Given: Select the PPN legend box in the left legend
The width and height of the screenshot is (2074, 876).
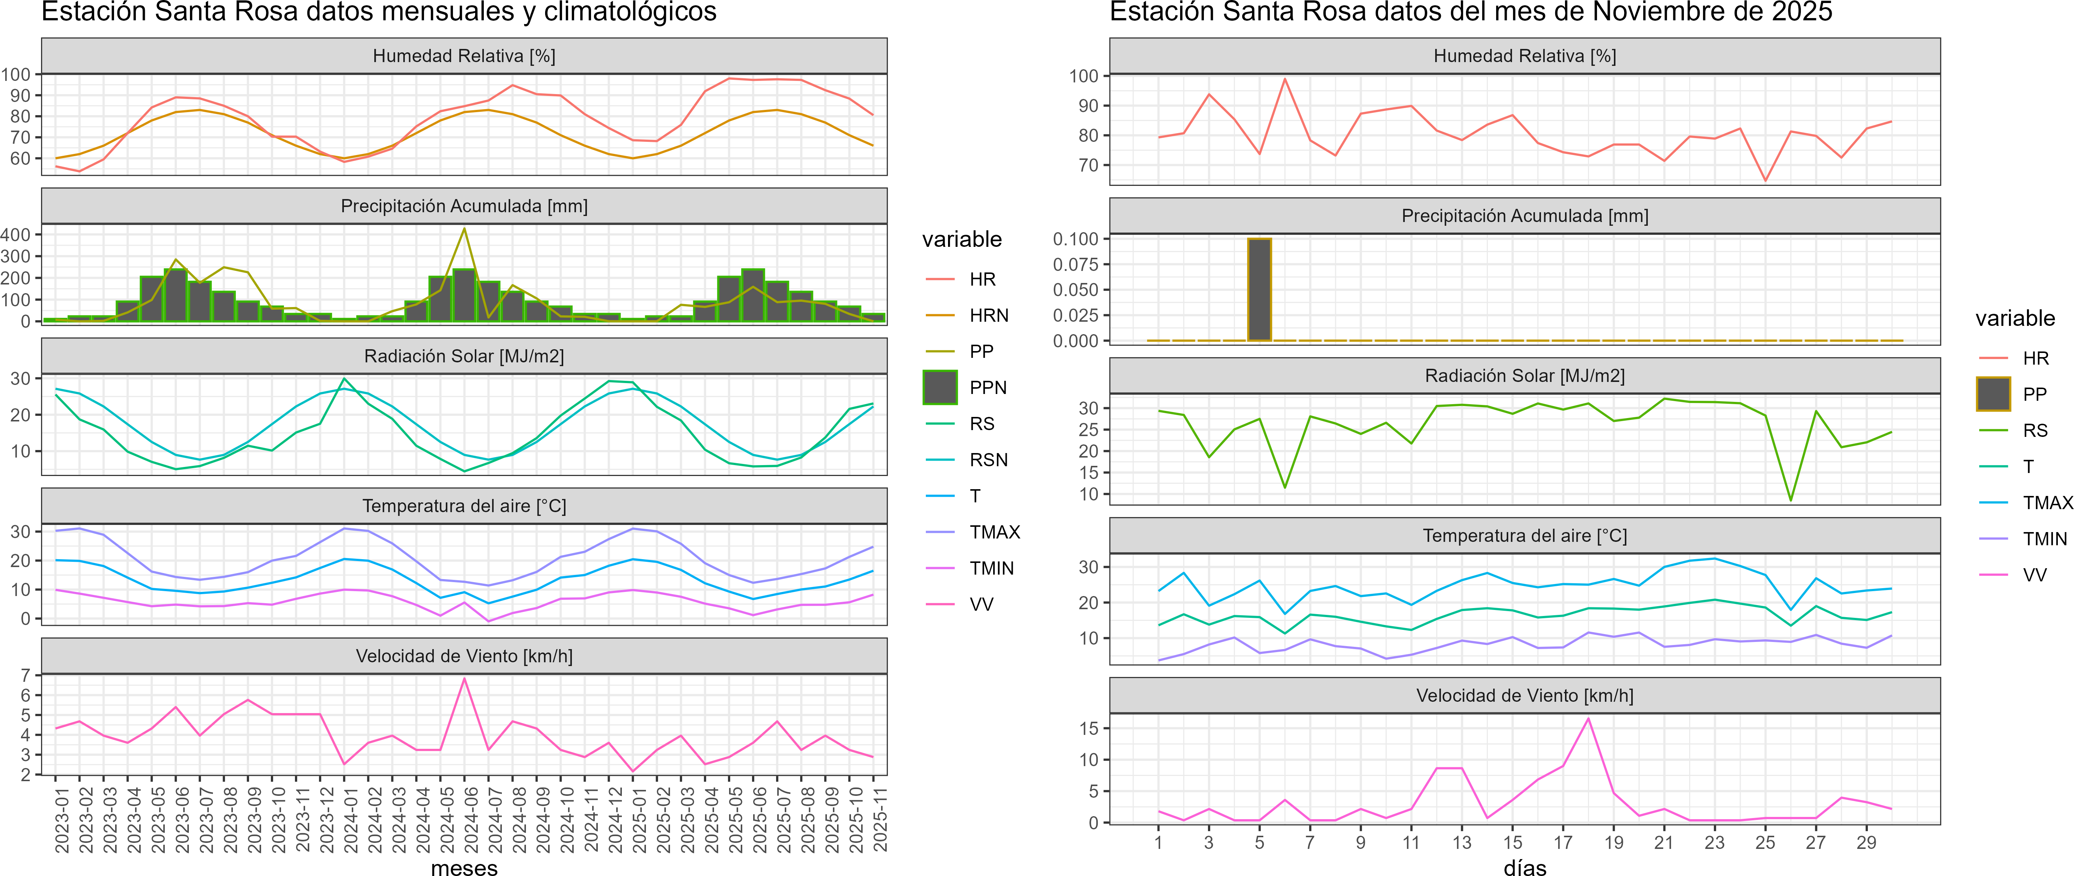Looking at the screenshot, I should pyautogui.click(x=940, y=387).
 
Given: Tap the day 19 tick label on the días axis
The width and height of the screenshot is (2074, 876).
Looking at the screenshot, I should pyautogui.click(x=1614, y=843).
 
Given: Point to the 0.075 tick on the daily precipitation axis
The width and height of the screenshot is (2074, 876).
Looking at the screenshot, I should pyautogui.click(x=1076, y=264).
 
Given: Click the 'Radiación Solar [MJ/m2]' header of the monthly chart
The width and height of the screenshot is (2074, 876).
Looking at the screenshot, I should pyautogui.click(x=465, y=356).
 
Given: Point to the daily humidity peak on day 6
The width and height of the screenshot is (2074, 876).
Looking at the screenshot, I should pyautogui.click(x=1285, y=79).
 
